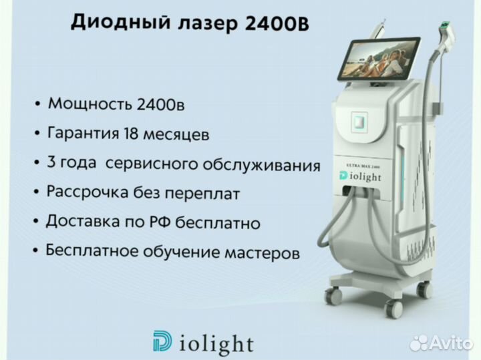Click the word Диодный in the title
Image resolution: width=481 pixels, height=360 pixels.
(120, 23)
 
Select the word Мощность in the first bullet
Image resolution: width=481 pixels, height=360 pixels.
(90, 104)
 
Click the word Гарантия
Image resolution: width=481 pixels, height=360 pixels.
(83, 134)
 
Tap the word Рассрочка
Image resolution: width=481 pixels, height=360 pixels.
(87, 192)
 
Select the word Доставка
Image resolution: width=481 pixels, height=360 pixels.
(82, 221)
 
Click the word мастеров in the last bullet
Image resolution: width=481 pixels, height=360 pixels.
(262, 253)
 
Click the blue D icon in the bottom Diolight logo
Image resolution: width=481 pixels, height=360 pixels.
(162, 341)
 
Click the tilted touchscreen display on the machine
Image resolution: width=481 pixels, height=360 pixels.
(378, 58)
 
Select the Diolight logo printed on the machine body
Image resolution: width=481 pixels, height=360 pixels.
(360, 176)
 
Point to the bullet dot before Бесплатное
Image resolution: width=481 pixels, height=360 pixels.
(36, 250)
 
